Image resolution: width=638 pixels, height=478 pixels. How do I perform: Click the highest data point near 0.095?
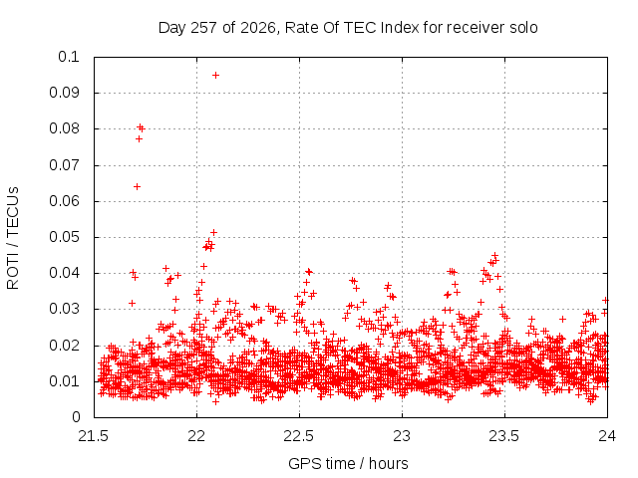215,76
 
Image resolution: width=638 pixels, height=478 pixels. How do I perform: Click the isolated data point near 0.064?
138,186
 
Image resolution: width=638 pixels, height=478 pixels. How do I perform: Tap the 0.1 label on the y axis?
69,57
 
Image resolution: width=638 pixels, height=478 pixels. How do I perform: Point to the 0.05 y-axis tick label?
64,237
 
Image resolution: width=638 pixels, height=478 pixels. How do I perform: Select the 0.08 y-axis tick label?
64,128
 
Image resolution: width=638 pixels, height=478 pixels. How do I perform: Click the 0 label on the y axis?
76,417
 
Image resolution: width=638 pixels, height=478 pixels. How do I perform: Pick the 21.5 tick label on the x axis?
94,436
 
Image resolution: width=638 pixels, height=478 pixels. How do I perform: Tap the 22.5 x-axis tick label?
299,436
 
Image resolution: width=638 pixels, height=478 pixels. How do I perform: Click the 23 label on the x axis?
402,436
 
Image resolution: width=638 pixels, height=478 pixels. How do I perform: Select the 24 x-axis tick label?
607,436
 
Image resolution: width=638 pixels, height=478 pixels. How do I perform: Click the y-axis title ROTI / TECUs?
13,238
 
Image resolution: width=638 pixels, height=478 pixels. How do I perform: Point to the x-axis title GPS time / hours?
348,463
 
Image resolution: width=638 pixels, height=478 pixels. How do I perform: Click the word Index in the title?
400,28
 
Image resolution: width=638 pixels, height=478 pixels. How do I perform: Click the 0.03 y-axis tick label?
64,309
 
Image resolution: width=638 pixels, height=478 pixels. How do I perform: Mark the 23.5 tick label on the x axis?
504,436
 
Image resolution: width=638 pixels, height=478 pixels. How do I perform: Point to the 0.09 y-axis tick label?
64,93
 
